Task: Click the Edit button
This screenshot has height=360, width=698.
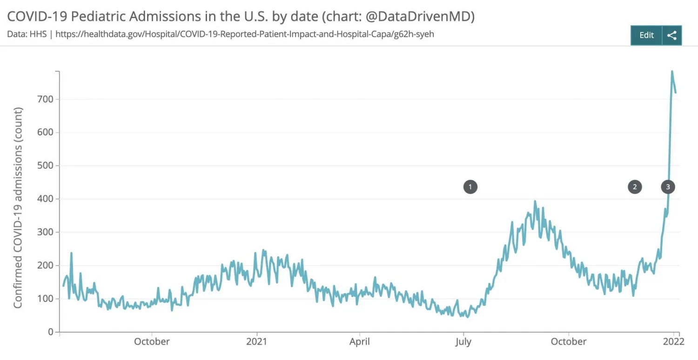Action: coord(646,35)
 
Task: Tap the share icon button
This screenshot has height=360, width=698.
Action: coord(671,35)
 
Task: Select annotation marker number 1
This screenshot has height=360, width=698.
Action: coord(470,187)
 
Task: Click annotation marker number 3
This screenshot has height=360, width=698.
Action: coord(668,187)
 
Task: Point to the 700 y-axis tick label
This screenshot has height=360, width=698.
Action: coord(46,99)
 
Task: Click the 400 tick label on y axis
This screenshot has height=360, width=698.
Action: coord(46,199)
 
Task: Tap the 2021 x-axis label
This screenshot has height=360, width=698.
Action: coord(256,341)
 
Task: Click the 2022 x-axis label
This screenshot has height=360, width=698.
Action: coord(673,341)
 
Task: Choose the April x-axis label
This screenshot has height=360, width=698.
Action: coord(360,341)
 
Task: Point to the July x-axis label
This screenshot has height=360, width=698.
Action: coord(463,341)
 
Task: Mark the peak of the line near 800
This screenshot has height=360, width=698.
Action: coord(672,71)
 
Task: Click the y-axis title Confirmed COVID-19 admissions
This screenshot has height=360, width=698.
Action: coord(18,207)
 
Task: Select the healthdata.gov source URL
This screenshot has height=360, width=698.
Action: coord(245,34)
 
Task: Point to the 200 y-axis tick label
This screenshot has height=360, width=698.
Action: coord(46,266)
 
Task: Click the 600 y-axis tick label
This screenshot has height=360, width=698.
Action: coord(46,133)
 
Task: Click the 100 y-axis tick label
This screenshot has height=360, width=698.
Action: coord(46,299)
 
